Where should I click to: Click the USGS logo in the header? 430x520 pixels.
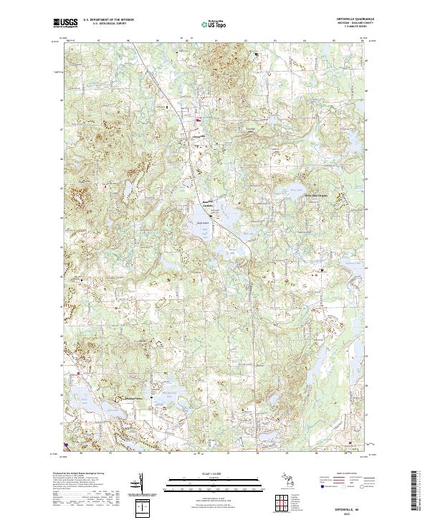[66, 23]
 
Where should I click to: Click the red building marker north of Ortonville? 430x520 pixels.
[199, 119]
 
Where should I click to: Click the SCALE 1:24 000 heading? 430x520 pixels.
[214, 472]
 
